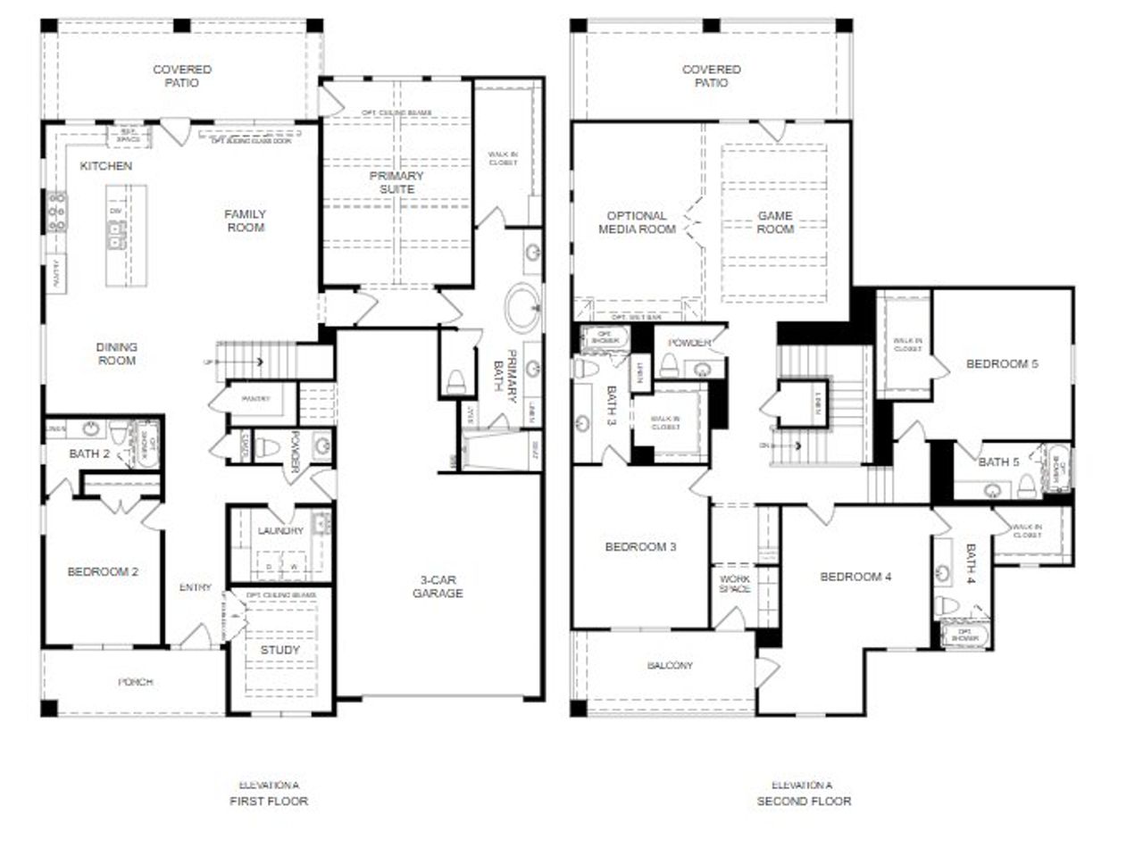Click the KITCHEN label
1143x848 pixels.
tap(106, 166)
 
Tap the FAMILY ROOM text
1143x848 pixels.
tap(246, 220)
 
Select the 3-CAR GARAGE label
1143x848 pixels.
tap(438, 586)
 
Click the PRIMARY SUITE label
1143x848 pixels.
tap(397, 182)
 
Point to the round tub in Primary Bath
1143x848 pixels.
tap(523, 309)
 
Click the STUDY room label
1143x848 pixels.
tap(280, 650)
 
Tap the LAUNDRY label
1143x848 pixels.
tap(281, 531)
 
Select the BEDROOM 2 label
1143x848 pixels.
tap(103, 571)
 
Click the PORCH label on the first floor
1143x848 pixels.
tap(136, 682)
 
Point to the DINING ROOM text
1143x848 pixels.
tap(117, 353)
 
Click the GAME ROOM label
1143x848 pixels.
tap(775, 222)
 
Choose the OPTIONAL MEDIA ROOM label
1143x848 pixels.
tap(637, 222)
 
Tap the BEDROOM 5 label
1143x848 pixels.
tap(1002, 364)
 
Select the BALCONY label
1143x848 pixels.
tap(670, 665)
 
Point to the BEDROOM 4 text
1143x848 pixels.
tap(855, 577)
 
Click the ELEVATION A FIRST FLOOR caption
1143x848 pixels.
tap(268, 794)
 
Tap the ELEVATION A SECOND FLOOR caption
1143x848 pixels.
tap(802, 794)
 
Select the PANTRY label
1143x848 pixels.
tap(255, 399)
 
